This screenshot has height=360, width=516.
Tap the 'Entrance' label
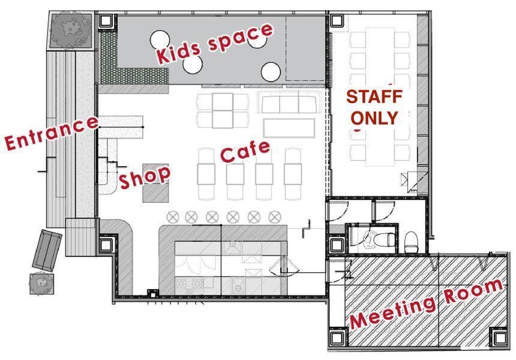pos(52,133)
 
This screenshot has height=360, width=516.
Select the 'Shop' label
pos(145,177)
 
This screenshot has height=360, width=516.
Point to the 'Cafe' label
pos(245,151)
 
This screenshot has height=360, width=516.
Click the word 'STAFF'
pos(374,97)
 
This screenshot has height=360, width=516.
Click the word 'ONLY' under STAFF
pos(374,118)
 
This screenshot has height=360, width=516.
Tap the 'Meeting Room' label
pos(427,304)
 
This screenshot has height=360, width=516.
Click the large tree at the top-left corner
pos(71,30)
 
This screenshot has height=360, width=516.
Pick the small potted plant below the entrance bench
pos(41,284)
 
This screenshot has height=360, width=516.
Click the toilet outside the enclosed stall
pos(411,242)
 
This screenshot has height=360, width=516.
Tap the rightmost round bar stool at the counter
pos(274,217)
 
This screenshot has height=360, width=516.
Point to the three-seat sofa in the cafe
pos(290,102)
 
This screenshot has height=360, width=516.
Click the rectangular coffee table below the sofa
pos(289,128)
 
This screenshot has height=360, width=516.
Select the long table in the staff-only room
pos(380,97)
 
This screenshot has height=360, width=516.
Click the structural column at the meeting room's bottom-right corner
pos(500,338)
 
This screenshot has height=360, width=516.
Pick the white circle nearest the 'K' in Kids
pos(160,40)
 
